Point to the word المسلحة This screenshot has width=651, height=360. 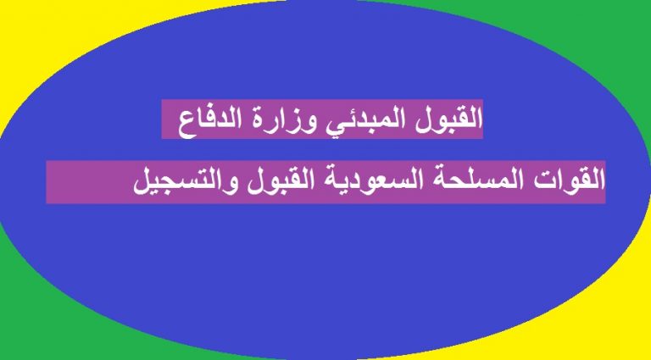492,181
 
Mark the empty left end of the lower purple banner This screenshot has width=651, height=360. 87,182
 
